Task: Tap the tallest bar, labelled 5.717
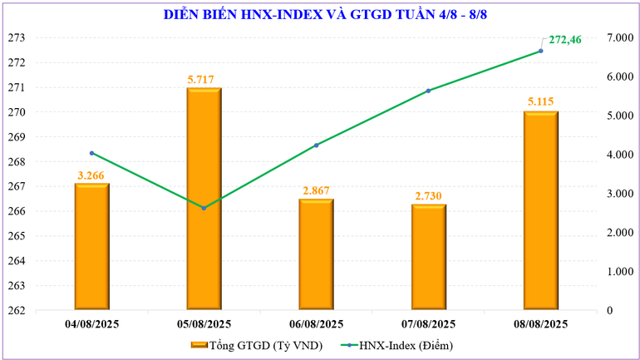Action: point(204,200)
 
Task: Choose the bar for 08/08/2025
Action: point(540,211)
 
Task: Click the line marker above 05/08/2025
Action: point(204,208)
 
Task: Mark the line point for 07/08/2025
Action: point(428,91)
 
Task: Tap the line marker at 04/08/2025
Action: point(91,153)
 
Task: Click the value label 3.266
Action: point(91,175)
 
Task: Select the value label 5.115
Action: point(540,102)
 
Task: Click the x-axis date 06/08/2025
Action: point(316,324)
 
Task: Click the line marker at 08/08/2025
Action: point(540,51)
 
